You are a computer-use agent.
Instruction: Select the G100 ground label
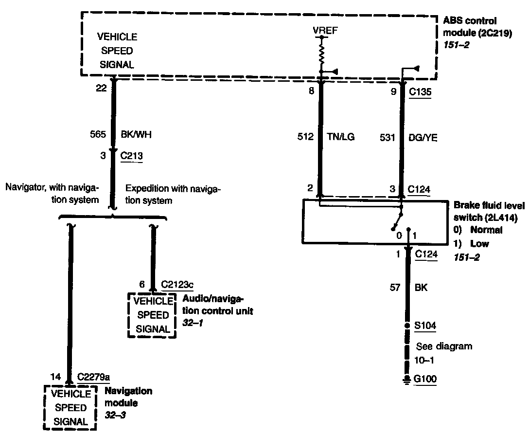[425, 379]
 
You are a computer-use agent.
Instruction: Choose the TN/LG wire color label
[341, 137]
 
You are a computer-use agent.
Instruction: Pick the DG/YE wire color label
[423, 138]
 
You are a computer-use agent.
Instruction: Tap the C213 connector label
[131, 156]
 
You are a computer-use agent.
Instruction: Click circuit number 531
[388, 138]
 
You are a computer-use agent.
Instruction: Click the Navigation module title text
[128, 397]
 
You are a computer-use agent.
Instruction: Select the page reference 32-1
[192, 322]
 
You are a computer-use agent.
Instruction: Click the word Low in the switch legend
[479, 243]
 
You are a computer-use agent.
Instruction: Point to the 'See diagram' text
[444, 346]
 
